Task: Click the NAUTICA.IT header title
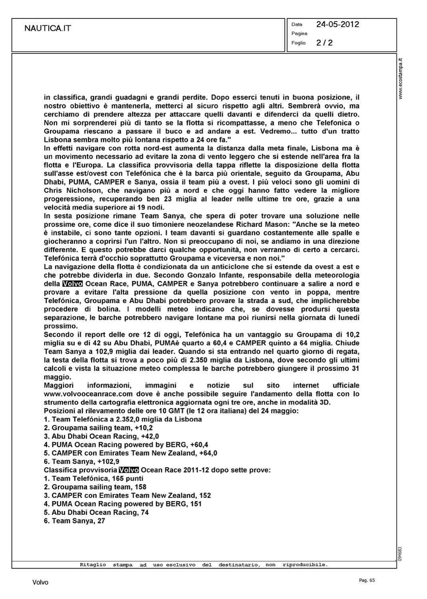48,28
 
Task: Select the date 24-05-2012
338,24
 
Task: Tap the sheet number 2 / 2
324,43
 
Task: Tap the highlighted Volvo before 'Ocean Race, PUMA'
73,284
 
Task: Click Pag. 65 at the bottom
367,580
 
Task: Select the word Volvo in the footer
40,583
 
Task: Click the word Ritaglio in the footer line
93,565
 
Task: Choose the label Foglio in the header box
298,43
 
